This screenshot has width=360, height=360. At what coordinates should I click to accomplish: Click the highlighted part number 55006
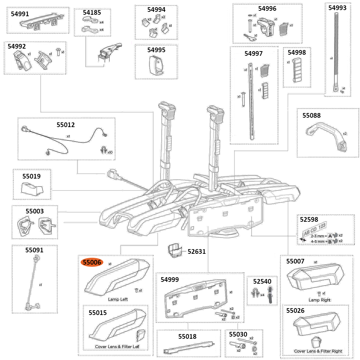[x=92, y=262]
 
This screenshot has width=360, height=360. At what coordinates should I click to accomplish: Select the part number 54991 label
[x=21, y=14]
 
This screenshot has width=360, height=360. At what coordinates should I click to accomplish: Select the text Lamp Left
[x=118, y=299]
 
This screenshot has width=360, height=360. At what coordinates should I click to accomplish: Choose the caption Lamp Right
[x=319, y=300]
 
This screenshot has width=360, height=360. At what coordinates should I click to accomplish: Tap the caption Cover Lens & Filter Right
[x=318, y=351]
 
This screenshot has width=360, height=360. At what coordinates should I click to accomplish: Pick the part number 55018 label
[x=187, y=336]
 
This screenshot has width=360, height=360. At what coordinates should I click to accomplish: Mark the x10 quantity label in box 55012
[x=109, y=152]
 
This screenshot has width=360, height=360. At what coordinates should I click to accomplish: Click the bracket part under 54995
[x=156, y=66]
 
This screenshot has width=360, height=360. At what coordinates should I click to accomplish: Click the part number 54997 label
[x=253, y=53]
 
